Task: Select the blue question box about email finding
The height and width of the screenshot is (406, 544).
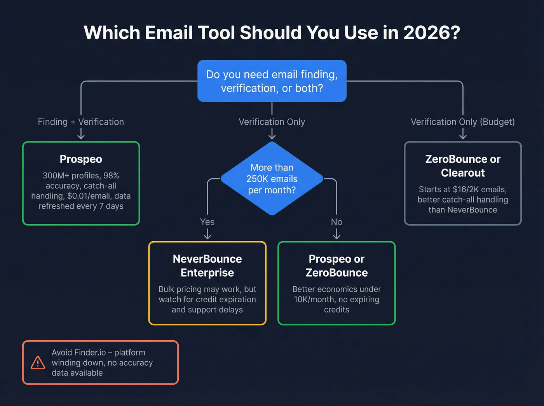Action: (272, 81)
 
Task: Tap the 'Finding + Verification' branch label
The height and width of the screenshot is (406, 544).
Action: (81, 122)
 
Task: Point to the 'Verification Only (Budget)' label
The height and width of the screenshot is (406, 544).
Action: (462, 122)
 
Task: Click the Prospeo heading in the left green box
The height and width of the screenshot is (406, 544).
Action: (81, 159)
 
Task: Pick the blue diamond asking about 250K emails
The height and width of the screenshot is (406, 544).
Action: (272, 178)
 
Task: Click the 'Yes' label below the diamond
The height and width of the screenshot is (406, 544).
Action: (207, 222)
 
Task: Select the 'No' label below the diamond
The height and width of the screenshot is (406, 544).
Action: (337, 222)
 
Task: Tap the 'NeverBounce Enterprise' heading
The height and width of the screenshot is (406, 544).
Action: (207, 266)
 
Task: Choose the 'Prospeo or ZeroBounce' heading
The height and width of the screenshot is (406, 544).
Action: (337, 266)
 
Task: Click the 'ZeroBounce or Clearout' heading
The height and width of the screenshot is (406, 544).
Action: (462, 166)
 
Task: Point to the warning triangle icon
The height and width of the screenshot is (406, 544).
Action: (38, 362)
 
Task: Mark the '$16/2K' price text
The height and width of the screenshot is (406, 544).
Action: (466, 190)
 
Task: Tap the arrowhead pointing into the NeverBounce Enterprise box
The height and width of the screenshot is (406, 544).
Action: (207, 237)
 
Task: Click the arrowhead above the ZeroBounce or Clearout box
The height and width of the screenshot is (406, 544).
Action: (462, 136)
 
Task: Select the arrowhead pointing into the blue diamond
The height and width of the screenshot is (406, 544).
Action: (272, 136)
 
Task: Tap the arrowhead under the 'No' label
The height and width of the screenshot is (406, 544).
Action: (337, 237)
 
